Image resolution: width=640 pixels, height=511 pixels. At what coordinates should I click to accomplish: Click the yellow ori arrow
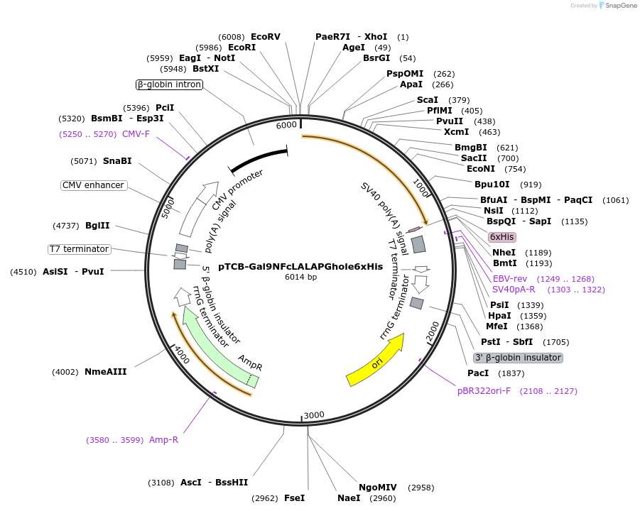tap(375, 361)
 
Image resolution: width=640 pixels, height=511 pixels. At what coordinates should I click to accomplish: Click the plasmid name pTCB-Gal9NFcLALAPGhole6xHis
tap(300, 267)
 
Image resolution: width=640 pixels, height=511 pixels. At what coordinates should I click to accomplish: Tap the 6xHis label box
tap(502, 237)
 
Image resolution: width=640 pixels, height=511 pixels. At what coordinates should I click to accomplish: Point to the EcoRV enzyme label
tap(266, 36)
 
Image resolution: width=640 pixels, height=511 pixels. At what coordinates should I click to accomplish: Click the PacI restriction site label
tap(478, 373)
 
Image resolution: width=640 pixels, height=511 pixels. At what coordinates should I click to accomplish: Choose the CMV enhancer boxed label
tap(94, 185)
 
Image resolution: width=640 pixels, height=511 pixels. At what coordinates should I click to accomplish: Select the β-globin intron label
tap(169, 84)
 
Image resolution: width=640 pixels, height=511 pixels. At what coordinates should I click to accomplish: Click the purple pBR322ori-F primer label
tap(484, 391)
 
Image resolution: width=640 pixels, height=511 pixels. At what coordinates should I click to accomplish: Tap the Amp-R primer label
tap(163, 440)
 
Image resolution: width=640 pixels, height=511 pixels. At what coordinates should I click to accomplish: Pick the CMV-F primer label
tap(136, 134)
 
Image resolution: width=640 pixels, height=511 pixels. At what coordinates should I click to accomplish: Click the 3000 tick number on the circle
tap(314, 415)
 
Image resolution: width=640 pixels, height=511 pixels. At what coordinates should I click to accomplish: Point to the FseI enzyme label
tap(294, 498)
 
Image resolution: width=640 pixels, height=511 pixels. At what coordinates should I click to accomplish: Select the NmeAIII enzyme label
tap(105, 371)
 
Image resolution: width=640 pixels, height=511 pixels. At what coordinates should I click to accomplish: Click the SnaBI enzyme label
tap(117, 161)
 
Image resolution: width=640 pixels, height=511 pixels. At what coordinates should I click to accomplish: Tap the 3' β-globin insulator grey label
tap(519, 358)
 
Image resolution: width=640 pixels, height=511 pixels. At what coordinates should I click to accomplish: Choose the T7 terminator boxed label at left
tap(79, 249)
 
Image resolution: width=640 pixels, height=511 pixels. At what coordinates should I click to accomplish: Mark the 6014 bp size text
tap(300, 277)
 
